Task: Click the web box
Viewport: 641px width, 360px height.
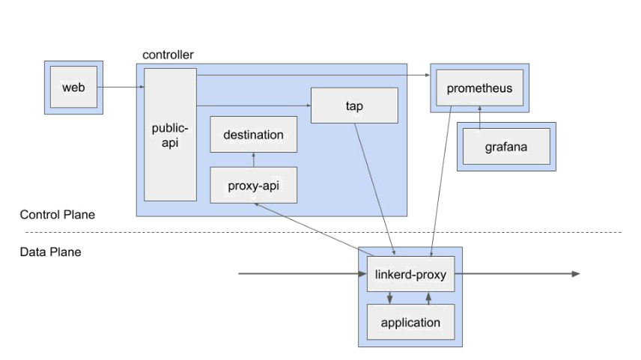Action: (73, 87)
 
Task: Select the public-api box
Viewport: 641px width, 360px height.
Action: (170, 135)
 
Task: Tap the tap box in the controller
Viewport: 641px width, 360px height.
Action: (354, 106)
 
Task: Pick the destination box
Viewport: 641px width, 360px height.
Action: (253, 135)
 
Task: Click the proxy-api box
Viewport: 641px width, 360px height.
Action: (253, 185)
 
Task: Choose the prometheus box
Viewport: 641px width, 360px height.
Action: (479, 88)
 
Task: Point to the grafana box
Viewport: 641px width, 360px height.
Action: (506, 146)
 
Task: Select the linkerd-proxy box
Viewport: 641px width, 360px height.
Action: (411, 274)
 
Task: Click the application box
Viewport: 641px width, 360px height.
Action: (411, 322)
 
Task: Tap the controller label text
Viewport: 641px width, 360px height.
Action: (168, 55)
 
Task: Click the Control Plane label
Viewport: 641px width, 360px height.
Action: (57, 215)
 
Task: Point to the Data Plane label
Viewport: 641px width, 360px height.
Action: (50, 251)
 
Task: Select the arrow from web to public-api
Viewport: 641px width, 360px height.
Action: (121, 87)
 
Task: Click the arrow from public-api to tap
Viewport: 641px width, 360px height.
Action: (253, 106)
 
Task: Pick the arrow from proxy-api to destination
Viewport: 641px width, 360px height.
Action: (253, 159)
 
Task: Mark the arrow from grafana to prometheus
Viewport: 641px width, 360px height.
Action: (480, 118)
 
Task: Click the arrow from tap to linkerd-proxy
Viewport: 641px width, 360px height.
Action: (374, 189)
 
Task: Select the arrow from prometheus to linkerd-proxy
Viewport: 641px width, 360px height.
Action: (441, 181)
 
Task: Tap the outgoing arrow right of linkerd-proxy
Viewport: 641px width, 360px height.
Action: (517, 274)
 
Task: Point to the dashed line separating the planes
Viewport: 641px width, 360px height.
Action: (323, 232)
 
